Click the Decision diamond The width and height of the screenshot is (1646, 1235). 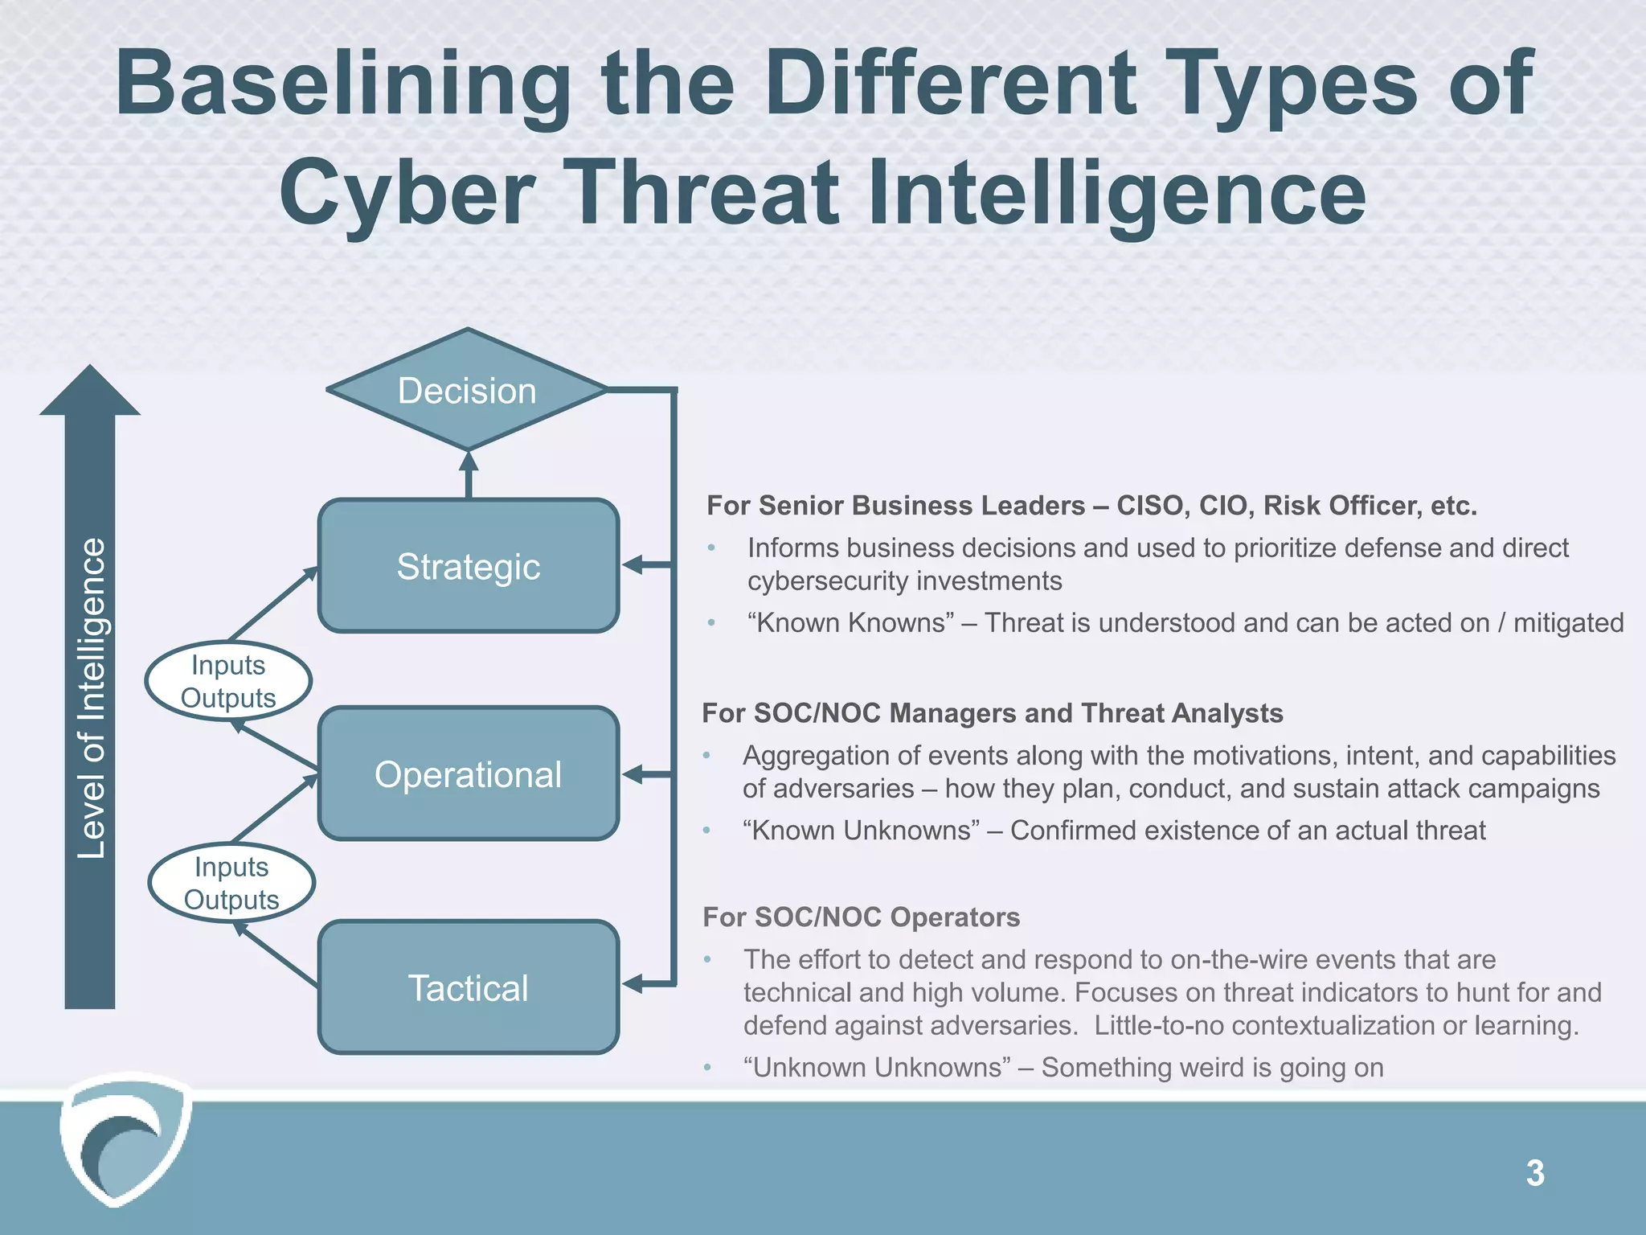point(467,390)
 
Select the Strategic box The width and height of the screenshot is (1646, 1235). point(469,566)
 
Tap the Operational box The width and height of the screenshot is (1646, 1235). point(469,773)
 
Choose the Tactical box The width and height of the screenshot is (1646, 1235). point(469,987)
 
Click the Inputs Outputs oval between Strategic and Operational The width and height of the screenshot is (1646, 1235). point(228,681)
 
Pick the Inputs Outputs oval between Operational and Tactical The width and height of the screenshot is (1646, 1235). point(231,883)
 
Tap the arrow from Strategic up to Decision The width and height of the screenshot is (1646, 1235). point(469,474)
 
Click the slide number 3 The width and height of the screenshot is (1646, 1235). point(1535,1173)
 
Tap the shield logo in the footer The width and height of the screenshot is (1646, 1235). point(125,1139)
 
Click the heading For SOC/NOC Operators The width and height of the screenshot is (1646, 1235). point(861,917)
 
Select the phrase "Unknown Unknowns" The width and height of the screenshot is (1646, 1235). point(877,1067)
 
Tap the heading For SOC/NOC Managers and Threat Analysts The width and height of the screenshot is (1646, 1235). point(993,713)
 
